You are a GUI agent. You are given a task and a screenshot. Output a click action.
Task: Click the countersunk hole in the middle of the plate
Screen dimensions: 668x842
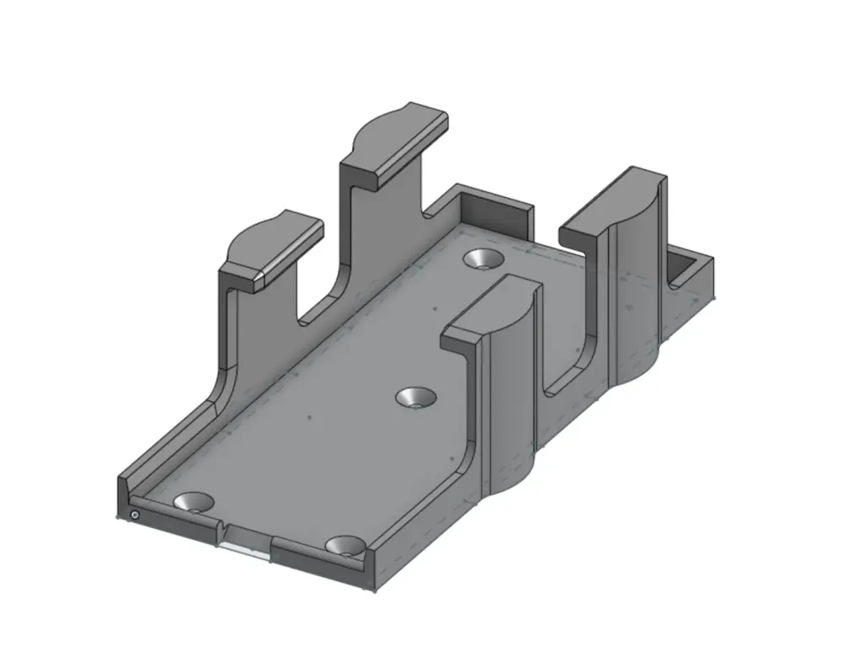(x=416, y=397)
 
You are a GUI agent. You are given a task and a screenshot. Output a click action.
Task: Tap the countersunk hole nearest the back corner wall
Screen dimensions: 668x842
(x=485, y=259)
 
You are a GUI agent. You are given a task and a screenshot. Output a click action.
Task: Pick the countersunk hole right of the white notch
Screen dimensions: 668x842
(x=346, y=546)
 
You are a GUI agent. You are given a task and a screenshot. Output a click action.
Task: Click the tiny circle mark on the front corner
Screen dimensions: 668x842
(x=135, y=514)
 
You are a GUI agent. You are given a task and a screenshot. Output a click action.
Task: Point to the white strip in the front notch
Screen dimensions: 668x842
(x=247, y=548)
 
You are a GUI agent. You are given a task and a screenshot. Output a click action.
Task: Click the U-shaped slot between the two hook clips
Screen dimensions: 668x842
(x=320, y=278)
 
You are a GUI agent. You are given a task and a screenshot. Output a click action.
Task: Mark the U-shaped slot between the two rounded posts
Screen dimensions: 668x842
(x=564, y=337)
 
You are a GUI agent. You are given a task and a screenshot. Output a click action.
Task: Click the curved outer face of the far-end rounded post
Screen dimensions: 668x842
(x=640, y=286)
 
